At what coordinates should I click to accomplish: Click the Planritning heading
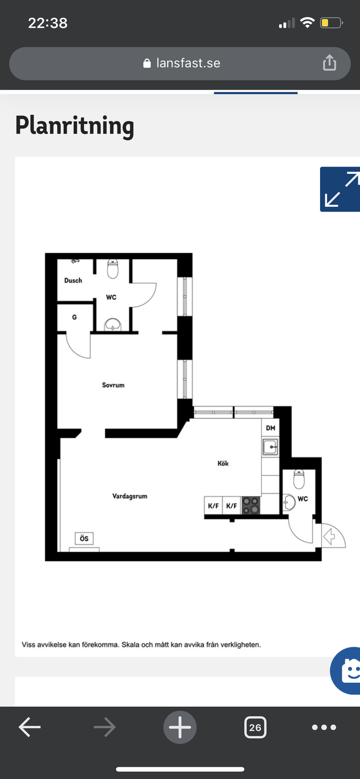click(75, 126)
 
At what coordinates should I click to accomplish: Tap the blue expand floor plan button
click(340, 189)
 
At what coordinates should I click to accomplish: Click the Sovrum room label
click(113, 385)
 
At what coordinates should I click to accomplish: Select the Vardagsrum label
click(130, 496)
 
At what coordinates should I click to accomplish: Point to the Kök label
click(223, 463)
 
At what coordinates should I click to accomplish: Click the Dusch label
click(73, 280)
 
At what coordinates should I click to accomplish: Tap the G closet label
click(75, 317)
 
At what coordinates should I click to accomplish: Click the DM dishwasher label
click(270, 428)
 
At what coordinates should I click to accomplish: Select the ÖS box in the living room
click(84, 538)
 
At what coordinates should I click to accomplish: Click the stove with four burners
click(251, 506)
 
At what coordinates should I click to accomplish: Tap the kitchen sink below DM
click(270, 447)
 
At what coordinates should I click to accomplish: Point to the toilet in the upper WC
click(113, 268)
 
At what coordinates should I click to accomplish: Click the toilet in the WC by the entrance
click(299, 479)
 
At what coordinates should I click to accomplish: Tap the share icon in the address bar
click(329, 63)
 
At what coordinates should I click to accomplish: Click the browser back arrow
click(30, 727)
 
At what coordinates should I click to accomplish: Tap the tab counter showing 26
click(255, 727)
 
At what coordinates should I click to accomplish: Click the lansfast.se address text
click(188, 63)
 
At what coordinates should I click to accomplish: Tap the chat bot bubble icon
click(346, 670)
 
